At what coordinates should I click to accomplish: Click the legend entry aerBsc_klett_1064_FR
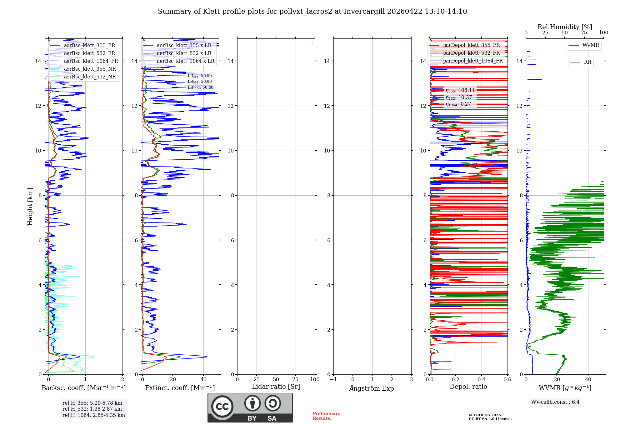[91, 61]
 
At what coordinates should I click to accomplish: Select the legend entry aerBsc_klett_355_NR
[90, 69]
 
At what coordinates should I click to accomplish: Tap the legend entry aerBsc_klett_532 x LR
[184, 53]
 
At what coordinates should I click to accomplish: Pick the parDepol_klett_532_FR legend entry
[471, 53]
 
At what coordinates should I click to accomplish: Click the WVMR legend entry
[591, 45]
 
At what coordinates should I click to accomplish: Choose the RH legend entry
[587, 62]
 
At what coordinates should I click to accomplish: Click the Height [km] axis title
[30, 207]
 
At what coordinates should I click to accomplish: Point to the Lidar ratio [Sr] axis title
[276, 387]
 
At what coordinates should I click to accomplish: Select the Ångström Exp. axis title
[372, 388]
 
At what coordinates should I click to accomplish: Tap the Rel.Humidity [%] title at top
[565, 27]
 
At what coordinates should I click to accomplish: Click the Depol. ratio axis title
[468, 387]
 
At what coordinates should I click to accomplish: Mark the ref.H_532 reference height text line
[92, 409]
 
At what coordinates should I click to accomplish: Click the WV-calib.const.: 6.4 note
[555, 402]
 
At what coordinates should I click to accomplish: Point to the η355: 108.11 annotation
[460, 90]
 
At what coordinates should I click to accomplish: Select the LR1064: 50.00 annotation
[201, 87]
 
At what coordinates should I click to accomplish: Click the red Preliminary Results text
[326, 416]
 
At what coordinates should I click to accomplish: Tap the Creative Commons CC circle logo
[222, 406]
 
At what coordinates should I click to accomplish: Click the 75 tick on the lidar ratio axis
[295, 379]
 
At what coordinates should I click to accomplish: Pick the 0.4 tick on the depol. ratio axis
[482, 379]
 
